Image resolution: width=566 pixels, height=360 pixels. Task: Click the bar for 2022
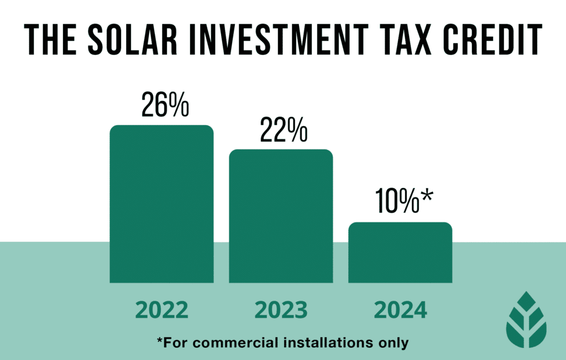coord(161,204)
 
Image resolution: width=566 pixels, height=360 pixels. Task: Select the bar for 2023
coord(281,216)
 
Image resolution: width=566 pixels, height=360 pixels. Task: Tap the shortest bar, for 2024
coord(400,252)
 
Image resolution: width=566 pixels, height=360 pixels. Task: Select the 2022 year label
coord(161,310)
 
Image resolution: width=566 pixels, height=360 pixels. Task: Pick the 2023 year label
coord(281,310)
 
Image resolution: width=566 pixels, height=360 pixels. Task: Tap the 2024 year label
coord(400,310)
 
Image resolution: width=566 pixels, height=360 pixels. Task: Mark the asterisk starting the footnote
coord(160,340)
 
